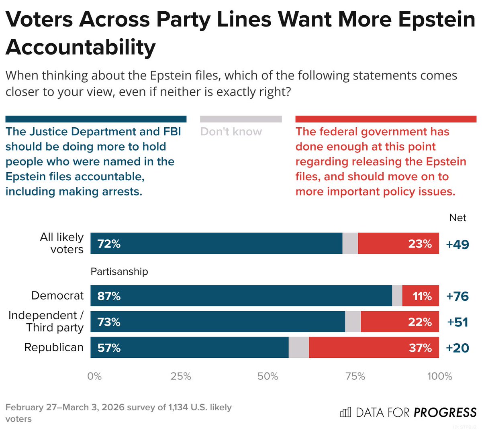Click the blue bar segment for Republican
pos(189,347)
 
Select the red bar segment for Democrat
pos(421,296)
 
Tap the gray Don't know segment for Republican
pos(298,347)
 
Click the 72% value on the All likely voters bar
pos(109,244)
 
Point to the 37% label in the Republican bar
pos(420,348)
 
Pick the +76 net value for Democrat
pos(457,296)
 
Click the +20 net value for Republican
pos(457,348)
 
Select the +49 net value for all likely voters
pos(457,244)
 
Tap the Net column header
pos(457,218)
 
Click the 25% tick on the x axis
pos(181,376)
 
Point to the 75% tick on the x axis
pos(355,376)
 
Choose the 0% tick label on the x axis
pos(94,376)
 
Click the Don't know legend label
pos(231,132)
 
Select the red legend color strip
pos(386,119)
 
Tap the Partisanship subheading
pos(119,271)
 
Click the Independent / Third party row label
pos(46,321)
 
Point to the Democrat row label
pos(57,295)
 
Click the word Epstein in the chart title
pos(437,19)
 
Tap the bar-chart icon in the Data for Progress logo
pos(345,412)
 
